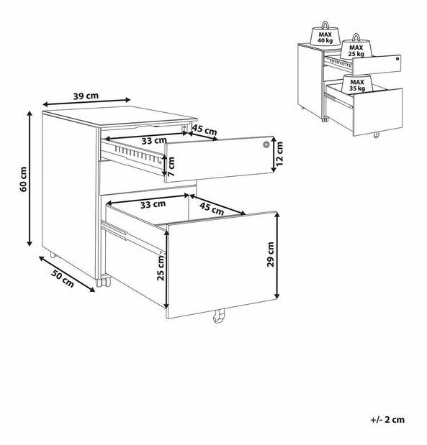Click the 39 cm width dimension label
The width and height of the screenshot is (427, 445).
[x=86, y=96]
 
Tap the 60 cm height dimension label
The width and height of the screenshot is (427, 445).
[x=24, y=179]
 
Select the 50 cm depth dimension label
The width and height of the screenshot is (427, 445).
[x=63, y=278]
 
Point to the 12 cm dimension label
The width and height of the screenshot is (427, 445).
[x=279, y=154]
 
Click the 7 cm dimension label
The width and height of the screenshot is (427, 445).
[x=171, y=166]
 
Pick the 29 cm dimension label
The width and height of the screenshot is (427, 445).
[x=271, y=254]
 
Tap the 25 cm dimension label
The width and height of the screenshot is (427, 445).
[x=161, y=267]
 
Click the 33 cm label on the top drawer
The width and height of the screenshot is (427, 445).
[x=154, y=140]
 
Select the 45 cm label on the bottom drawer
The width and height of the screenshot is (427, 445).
[x=212, y=208]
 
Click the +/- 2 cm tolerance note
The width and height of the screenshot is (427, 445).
[x=387, y=420]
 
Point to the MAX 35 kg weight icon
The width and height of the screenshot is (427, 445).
[x=357, y=83]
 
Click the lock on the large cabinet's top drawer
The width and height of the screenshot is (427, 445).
[x=266, y=144]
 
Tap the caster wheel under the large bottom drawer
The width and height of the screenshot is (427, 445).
[x=219, y=316]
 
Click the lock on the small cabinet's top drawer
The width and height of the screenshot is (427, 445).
[x=397, y=59]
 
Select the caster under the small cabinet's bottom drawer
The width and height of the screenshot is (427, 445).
[x=377, y=135]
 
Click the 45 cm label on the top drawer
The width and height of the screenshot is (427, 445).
[x=204, y=130]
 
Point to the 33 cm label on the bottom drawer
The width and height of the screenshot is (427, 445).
[x=153, y=204]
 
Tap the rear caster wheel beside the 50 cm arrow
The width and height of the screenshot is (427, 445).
[x=53, y=254]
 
